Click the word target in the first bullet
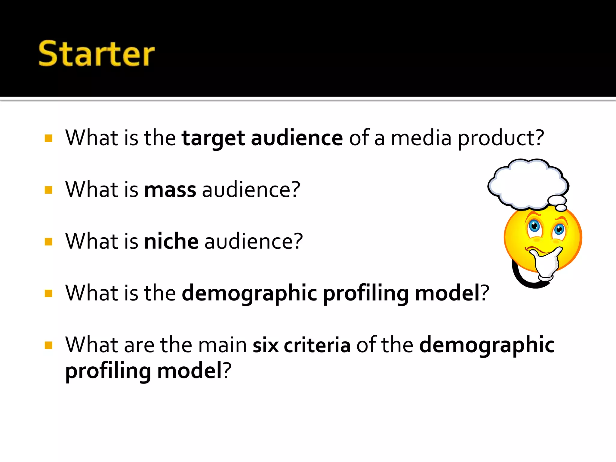(x=213, y=138)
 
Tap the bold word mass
(x=170, y=190)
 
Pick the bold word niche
(x=171, y=242)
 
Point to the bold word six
(x=266, y=345)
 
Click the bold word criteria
(x=317, y=345)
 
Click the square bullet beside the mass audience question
(x=48, y=190)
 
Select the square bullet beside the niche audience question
(x=48, y=242)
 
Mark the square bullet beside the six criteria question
(x=48, y=345)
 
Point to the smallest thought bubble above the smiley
(x=561, y=208)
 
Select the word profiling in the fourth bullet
(x=366, y=293)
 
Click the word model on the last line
(x=189, y=371)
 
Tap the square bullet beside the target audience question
(x=48, y=138)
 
